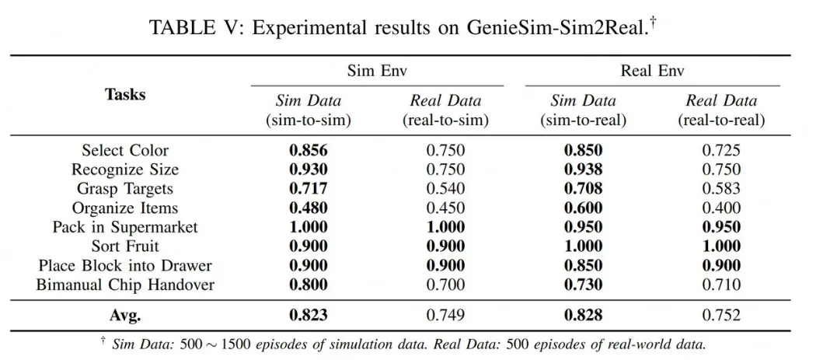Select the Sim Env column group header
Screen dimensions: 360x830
click(377, 71)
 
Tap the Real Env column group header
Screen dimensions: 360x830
click(651, 71)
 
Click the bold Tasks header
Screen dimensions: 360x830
click(125, 95)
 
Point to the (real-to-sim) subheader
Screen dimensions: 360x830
click(445, 121)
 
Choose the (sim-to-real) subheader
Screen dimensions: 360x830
click(583, 121)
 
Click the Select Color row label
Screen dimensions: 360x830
click(125, 150)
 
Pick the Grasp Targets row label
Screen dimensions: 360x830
click(125, 188)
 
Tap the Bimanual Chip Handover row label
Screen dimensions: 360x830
click(125, 285)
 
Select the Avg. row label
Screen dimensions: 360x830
click(125, 315)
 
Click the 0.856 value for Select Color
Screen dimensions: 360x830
click(309, 150)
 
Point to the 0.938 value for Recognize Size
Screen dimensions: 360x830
click(583, 170)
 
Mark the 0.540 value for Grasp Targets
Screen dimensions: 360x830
click(445, 188)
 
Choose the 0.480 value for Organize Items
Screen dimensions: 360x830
click(309, 208)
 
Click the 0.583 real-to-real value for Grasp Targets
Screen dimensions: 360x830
click(720, 188)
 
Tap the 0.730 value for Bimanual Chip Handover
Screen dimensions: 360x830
click(583, 285)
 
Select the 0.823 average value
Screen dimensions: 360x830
click(309, 315)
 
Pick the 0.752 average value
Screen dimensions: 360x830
click(720, 315)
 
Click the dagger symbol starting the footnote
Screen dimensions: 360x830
click(103, 341)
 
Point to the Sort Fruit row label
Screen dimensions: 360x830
click(125, 246)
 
